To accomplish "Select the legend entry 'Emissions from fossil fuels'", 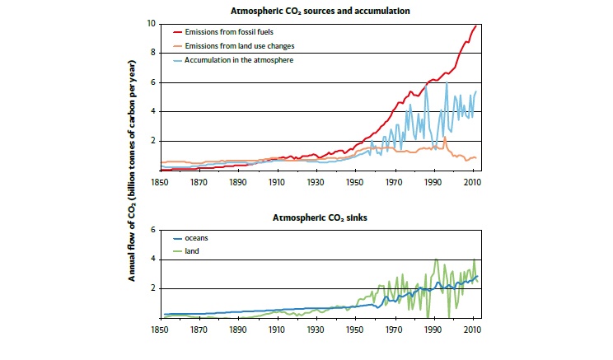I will pyautogui.click(x=232, y=30).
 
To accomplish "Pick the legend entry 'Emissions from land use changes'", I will pyautogui.click(x=238, y=44).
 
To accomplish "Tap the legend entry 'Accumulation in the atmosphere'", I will pyautogui.click(x=238, y=59).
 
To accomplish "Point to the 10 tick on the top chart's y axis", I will pyautogui.click(x=150, y=24).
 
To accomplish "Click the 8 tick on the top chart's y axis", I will pyautogui.click(x=152, y=53).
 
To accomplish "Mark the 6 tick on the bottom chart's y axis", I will pyautogui.click(x=152, y=230).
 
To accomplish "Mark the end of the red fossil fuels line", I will pyautogui.click(x=476, y=26).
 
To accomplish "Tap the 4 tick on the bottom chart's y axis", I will pyautogui.click(x=152, y=259).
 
